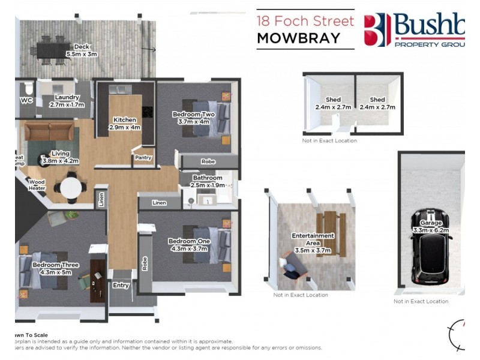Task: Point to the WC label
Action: tap(26, 100)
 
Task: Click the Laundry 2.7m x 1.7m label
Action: tap(67, 100)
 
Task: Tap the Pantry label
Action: tap(143, 158)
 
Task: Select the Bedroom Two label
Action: tap(193, 118)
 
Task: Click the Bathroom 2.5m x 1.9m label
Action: tap(208, 182)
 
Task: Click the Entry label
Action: tap(121, 285)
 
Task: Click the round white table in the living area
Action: tap(72, 188)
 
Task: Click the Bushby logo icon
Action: tap(378, 29)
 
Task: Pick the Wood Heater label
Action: tap(37, 185)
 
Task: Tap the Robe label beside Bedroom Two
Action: tap(208, 161)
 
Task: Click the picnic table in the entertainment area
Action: tap(327, 223)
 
